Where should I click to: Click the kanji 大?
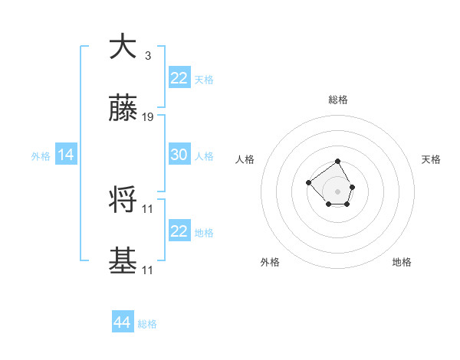point(123,47)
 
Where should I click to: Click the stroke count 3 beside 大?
point(147,55)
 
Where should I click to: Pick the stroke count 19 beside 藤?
point(148,118)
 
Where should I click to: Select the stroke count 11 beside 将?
point(148,208)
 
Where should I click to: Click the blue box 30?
point(179,155)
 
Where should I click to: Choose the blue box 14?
point(66,155)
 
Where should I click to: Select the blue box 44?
point(122,322)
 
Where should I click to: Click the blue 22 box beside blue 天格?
point(179,77)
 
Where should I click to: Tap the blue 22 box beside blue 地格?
point(179,231)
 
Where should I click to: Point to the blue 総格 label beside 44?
point(147,324)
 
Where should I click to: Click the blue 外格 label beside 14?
point(41,156)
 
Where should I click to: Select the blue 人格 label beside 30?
point(204,156)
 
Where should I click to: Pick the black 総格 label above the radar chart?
point(338,100)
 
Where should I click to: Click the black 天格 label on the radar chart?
point(431,159)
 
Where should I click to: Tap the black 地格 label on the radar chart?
point(402,262)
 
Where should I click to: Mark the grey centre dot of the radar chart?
point(338,191)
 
